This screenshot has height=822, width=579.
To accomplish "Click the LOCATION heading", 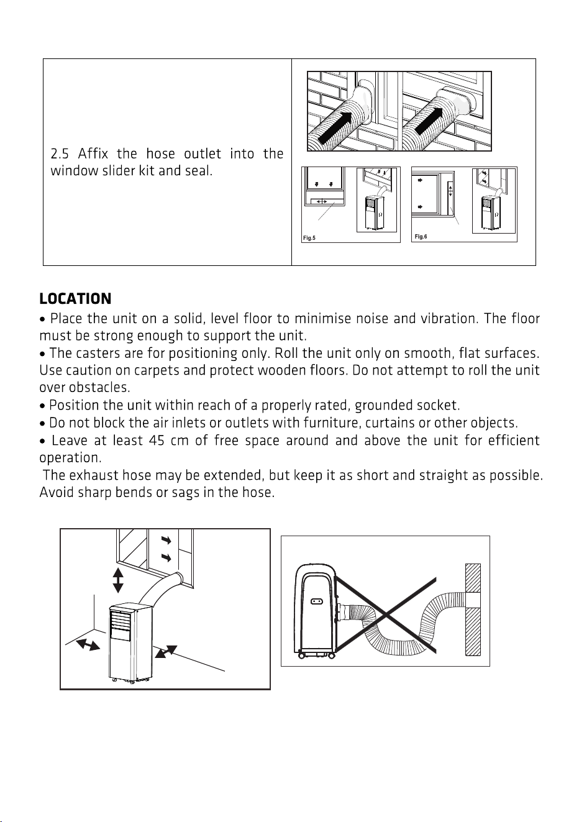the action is [x=75, y=299].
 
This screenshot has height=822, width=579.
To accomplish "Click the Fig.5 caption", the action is [x=309, y=238].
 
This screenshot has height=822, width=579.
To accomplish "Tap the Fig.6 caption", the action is [x=421, y=237].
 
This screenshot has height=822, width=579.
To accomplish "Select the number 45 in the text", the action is [x=157, y=441].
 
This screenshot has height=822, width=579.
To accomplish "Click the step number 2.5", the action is [x=60, y=153].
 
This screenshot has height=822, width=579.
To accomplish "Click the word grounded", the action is [x=384, y=406].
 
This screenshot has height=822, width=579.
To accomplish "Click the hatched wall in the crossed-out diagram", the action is [x=473, y=610].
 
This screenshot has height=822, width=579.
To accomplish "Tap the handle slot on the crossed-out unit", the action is [x=316, y=601].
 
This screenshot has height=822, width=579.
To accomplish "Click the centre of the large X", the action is [x=385, y=615].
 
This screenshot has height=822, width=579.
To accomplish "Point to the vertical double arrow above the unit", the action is [x=118, y=580].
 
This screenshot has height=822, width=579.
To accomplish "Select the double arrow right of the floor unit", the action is [x=166, y=652].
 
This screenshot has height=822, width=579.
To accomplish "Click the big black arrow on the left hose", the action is [x=335, y=128].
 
